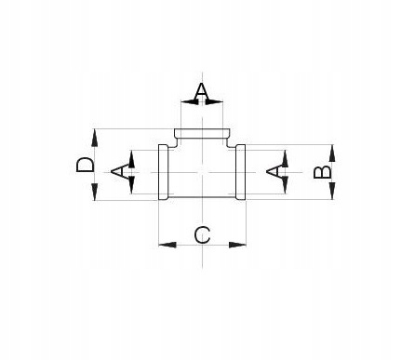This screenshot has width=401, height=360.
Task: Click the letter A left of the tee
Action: [x=119, y=172]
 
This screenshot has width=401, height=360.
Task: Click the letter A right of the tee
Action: [x=274, y=172]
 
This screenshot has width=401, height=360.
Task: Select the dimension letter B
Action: [x=322, y=172]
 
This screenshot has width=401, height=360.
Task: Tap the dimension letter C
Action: [x=202, y=235]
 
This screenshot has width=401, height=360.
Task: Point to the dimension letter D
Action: [x=85, y=165]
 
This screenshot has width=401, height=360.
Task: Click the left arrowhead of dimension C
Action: [x=167, y=245]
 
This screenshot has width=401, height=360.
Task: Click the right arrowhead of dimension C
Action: [x=237, y=245]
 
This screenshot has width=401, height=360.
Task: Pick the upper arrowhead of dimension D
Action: [x=95, y=138]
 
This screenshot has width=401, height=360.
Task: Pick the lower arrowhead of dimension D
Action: [x=95, y=192]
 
